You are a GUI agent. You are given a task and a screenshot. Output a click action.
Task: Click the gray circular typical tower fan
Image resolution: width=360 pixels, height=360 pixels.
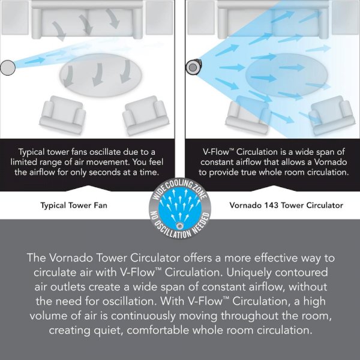click(8, 67)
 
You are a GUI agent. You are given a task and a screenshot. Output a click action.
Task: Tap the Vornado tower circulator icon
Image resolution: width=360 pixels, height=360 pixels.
click(193, 67)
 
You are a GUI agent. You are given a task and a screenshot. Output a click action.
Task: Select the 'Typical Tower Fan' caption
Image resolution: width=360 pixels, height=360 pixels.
click(74, 205)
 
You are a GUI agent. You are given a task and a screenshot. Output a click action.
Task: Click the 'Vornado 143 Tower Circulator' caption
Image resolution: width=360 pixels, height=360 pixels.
click(286, 205)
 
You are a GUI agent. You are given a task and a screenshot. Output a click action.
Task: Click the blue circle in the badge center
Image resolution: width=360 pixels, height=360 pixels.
click(180, 209)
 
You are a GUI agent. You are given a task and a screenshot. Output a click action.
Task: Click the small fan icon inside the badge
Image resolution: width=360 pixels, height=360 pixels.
click(180, 226)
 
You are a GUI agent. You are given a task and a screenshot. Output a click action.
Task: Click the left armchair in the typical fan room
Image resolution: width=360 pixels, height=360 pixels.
click(62, 115)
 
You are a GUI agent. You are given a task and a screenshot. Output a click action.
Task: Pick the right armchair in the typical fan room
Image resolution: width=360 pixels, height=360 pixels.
click(146, 115)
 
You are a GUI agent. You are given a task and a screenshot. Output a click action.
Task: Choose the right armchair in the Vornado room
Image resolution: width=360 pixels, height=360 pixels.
click(332, 115)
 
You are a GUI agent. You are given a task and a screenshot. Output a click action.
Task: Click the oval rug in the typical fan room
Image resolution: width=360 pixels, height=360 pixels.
click(100, 75)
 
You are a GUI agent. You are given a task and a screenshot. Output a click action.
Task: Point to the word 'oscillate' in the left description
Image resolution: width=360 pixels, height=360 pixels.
click(104, 152)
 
